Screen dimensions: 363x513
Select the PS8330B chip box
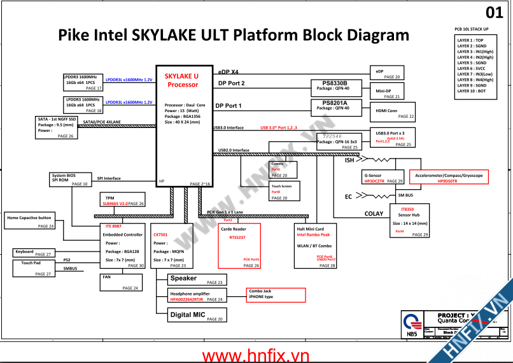coord(336,87)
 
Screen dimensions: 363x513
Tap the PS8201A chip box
coord(336,106)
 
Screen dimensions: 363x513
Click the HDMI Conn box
coord(392,112)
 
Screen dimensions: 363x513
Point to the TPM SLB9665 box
coord(124,201)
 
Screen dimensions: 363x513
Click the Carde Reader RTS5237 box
coord(240,245)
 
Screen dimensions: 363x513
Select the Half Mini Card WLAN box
coord(316,245)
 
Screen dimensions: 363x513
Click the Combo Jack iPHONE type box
coord(276,295)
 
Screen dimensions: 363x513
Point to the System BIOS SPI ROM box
coord(70,179)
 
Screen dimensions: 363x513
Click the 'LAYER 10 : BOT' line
coord(472,91)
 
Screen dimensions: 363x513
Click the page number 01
coord(494,13)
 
